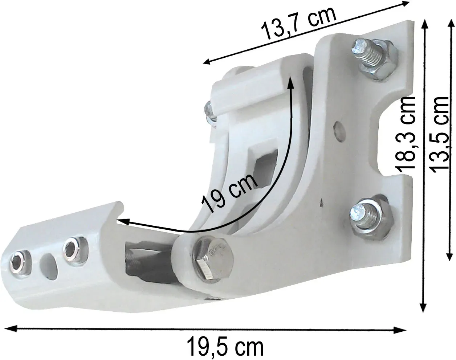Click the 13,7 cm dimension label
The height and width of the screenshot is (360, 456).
[298, 23]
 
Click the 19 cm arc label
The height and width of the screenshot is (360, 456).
[230, 193]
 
